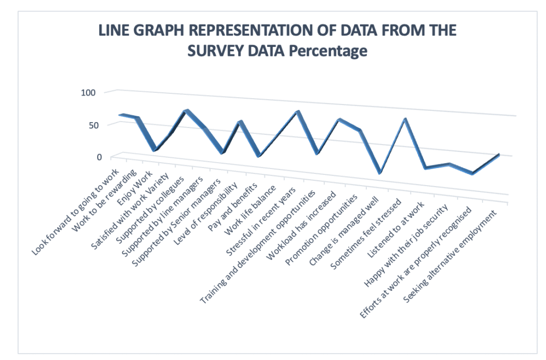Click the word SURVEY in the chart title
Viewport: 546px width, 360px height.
[215, 51]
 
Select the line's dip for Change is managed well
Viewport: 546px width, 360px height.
[380, 173]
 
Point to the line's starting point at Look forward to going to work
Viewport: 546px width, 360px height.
[122, 115]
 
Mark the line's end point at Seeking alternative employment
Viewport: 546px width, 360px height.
[498, 155]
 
